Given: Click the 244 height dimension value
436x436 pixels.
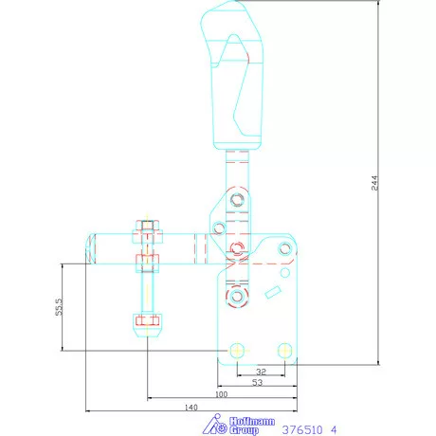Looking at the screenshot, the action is [x=374, y=183].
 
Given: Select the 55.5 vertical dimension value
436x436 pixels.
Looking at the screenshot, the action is [x=59, y=306].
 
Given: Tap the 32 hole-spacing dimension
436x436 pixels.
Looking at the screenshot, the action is [x=262, y=372].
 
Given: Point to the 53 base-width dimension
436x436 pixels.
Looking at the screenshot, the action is [x=258, y=382].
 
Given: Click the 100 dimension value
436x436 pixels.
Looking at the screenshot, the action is [x=221, y=394].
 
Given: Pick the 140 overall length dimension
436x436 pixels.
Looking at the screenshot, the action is [x=191, y=408].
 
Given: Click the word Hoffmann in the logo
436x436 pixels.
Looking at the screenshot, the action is [x=252, y=422].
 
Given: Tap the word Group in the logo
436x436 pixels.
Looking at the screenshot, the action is [x=244, y=430].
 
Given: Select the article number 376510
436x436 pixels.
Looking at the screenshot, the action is [x=302, y=430].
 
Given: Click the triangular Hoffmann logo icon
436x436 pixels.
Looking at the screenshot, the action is [x=215, y=425].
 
